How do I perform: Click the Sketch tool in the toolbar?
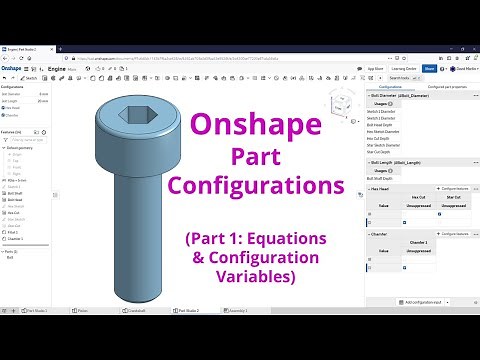point(29,78)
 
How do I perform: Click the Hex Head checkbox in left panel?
point(3,107)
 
